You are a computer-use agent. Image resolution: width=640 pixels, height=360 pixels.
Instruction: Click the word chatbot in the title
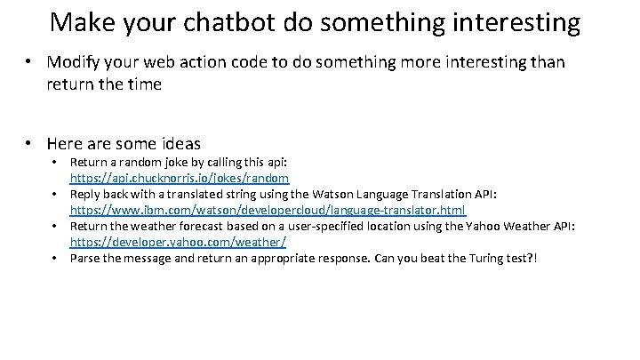[x=221, y=21]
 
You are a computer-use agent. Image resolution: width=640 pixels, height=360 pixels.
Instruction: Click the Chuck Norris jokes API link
[x=180, y=178]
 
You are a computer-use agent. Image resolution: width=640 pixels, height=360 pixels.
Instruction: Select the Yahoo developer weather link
[x=178, y=242]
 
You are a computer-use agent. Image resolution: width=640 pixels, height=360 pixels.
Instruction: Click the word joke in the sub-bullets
[x=173, y=162]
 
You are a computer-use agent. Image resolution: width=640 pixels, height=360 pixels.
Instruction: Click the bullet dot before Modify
[x=29, y=63]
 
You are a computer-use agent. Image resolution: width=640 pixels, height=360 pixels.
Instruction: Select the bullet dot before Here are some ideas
[x=29, y=142]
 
